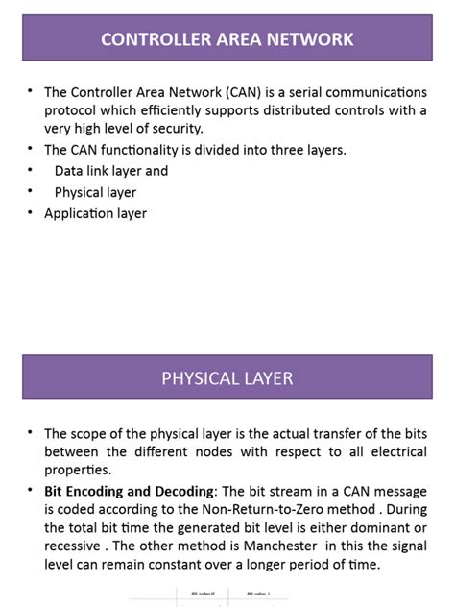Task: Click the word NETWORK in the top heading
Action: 312,39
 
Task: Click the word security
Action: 175,129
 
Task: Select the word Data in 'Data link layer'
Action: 70,171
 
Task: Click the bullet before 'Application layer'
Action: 31,213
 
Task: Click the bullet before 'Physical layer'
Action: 31,192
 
